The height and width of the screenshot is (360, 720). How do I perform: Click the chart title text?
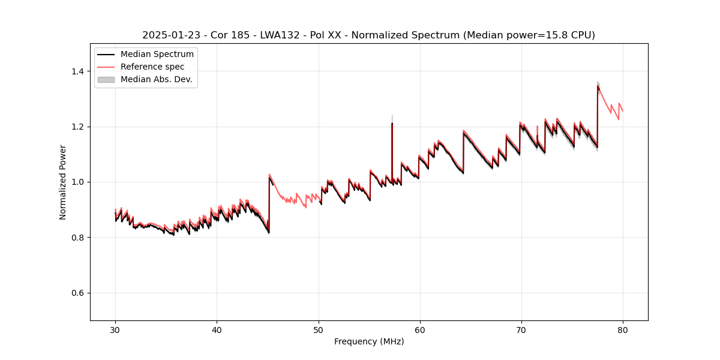point(368,35)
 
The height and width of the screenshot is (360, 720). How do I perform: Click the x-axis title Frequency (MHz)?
point(369,341)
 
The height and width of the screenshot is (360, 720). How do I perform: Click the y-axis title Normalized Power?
point(63,182)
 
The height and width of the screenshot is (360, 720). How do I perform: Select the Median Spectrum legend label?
point(157,55)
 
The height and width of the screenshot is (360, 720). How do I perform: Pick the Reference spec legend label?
point(152,67)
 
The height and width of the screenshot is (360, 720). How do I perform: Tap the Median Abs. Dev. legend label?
point(157,79)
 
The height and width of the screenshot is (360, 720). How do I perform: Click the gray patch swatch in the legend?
point(106,79)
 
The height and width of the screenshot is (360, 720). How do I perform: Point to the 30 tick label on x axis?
point(115,330)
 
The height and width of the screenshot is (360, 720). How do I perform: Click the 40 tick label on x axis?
point(217,330)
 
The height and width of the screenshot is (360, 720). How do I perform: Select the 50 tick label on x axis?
point(318,330)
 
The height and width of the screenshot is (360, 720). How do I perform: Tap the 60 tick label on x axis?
point(419,330)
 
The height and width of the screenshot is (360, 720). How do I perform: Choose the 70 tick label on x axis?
point(521,330)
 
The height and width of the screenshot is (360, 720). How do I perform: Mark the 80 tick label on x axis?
point(622,330)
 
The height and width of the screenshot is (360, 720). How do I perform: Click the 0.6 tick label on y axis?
point(78,293)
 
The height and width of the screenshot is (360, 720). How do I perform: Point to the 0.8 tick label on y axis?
point(78,238)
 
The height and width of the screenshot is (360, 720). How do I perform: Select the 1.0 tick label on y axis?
point(78,182)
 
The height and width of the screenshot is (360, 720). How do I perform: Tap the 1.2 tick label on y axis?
point(78,127)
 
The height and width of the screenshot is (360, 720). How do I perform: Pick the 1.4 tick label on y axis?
point(78,71)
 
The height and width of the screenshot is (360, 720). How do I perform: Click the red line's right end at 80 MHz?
point(622,111)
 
